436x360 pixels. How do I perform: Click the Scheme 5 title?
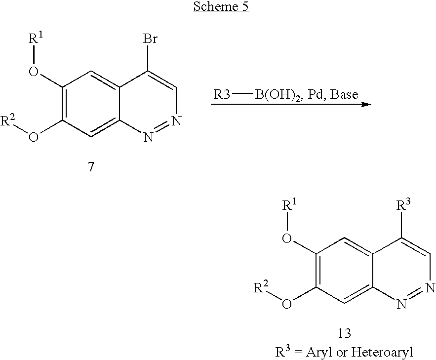coord(221,6)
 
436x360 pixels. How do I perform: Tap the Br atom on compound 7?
coord(150,39)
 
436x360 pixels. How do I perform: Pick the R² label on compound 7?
coord(8,120)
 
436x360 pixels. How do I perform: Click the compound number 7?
coord(91,167)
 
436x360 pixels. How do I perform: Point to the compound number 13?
coord(344,333)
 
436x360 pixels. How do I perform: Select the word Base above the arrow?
coord(344,94)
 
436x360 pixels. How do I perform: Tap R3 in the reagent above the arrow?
coord(222,94)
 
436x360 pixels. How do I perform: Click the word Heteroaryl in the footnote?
coord(382,353)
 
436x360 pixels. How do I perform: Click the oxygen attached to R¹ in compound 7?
coord(34,71)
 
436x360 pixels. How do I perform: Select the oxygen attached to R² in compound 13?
coord(287,303)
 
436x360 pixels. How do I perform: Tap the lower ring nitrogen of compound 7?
coord(148,137)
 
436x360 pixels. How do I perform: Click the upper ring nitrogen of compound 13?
coord(431,287)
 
